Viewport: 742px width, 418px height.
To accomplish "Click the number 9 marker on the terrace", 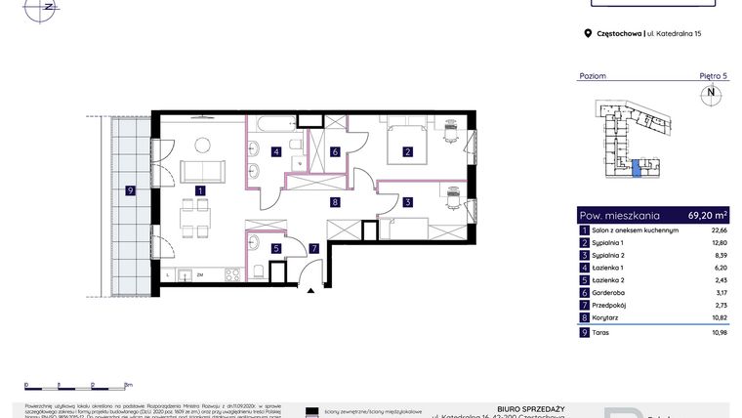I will coord(130,191).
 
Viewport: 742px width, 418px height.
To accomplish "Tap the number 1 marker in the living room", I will coord(199,191).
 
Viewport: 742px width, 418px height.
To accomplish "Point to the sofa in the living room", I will coord(203,171).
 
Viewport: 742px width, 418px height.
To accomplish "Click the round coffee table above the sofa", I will coord(203,146).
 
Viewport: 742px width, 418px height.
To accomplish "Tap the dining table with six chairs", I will coord(198,216).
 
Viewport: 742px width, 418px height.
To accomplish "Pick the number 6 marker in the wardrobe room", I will coord(334,152).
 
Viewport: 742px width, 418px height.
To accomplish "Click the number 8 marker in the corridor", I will coord(334,203).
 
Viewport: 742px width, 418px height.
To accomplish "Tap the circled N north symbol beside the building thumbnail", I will coord(711,95).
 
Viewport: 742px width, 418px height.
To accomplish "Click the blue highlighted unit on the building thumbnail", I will coord(637,169).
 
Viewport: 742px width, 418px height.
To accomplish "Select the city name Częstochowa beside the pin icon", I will coord(619,33).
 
